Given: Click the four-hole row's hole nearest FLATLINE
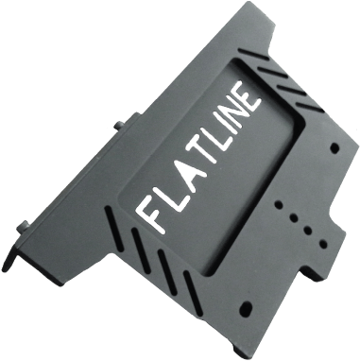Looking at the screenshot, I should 279,204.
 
